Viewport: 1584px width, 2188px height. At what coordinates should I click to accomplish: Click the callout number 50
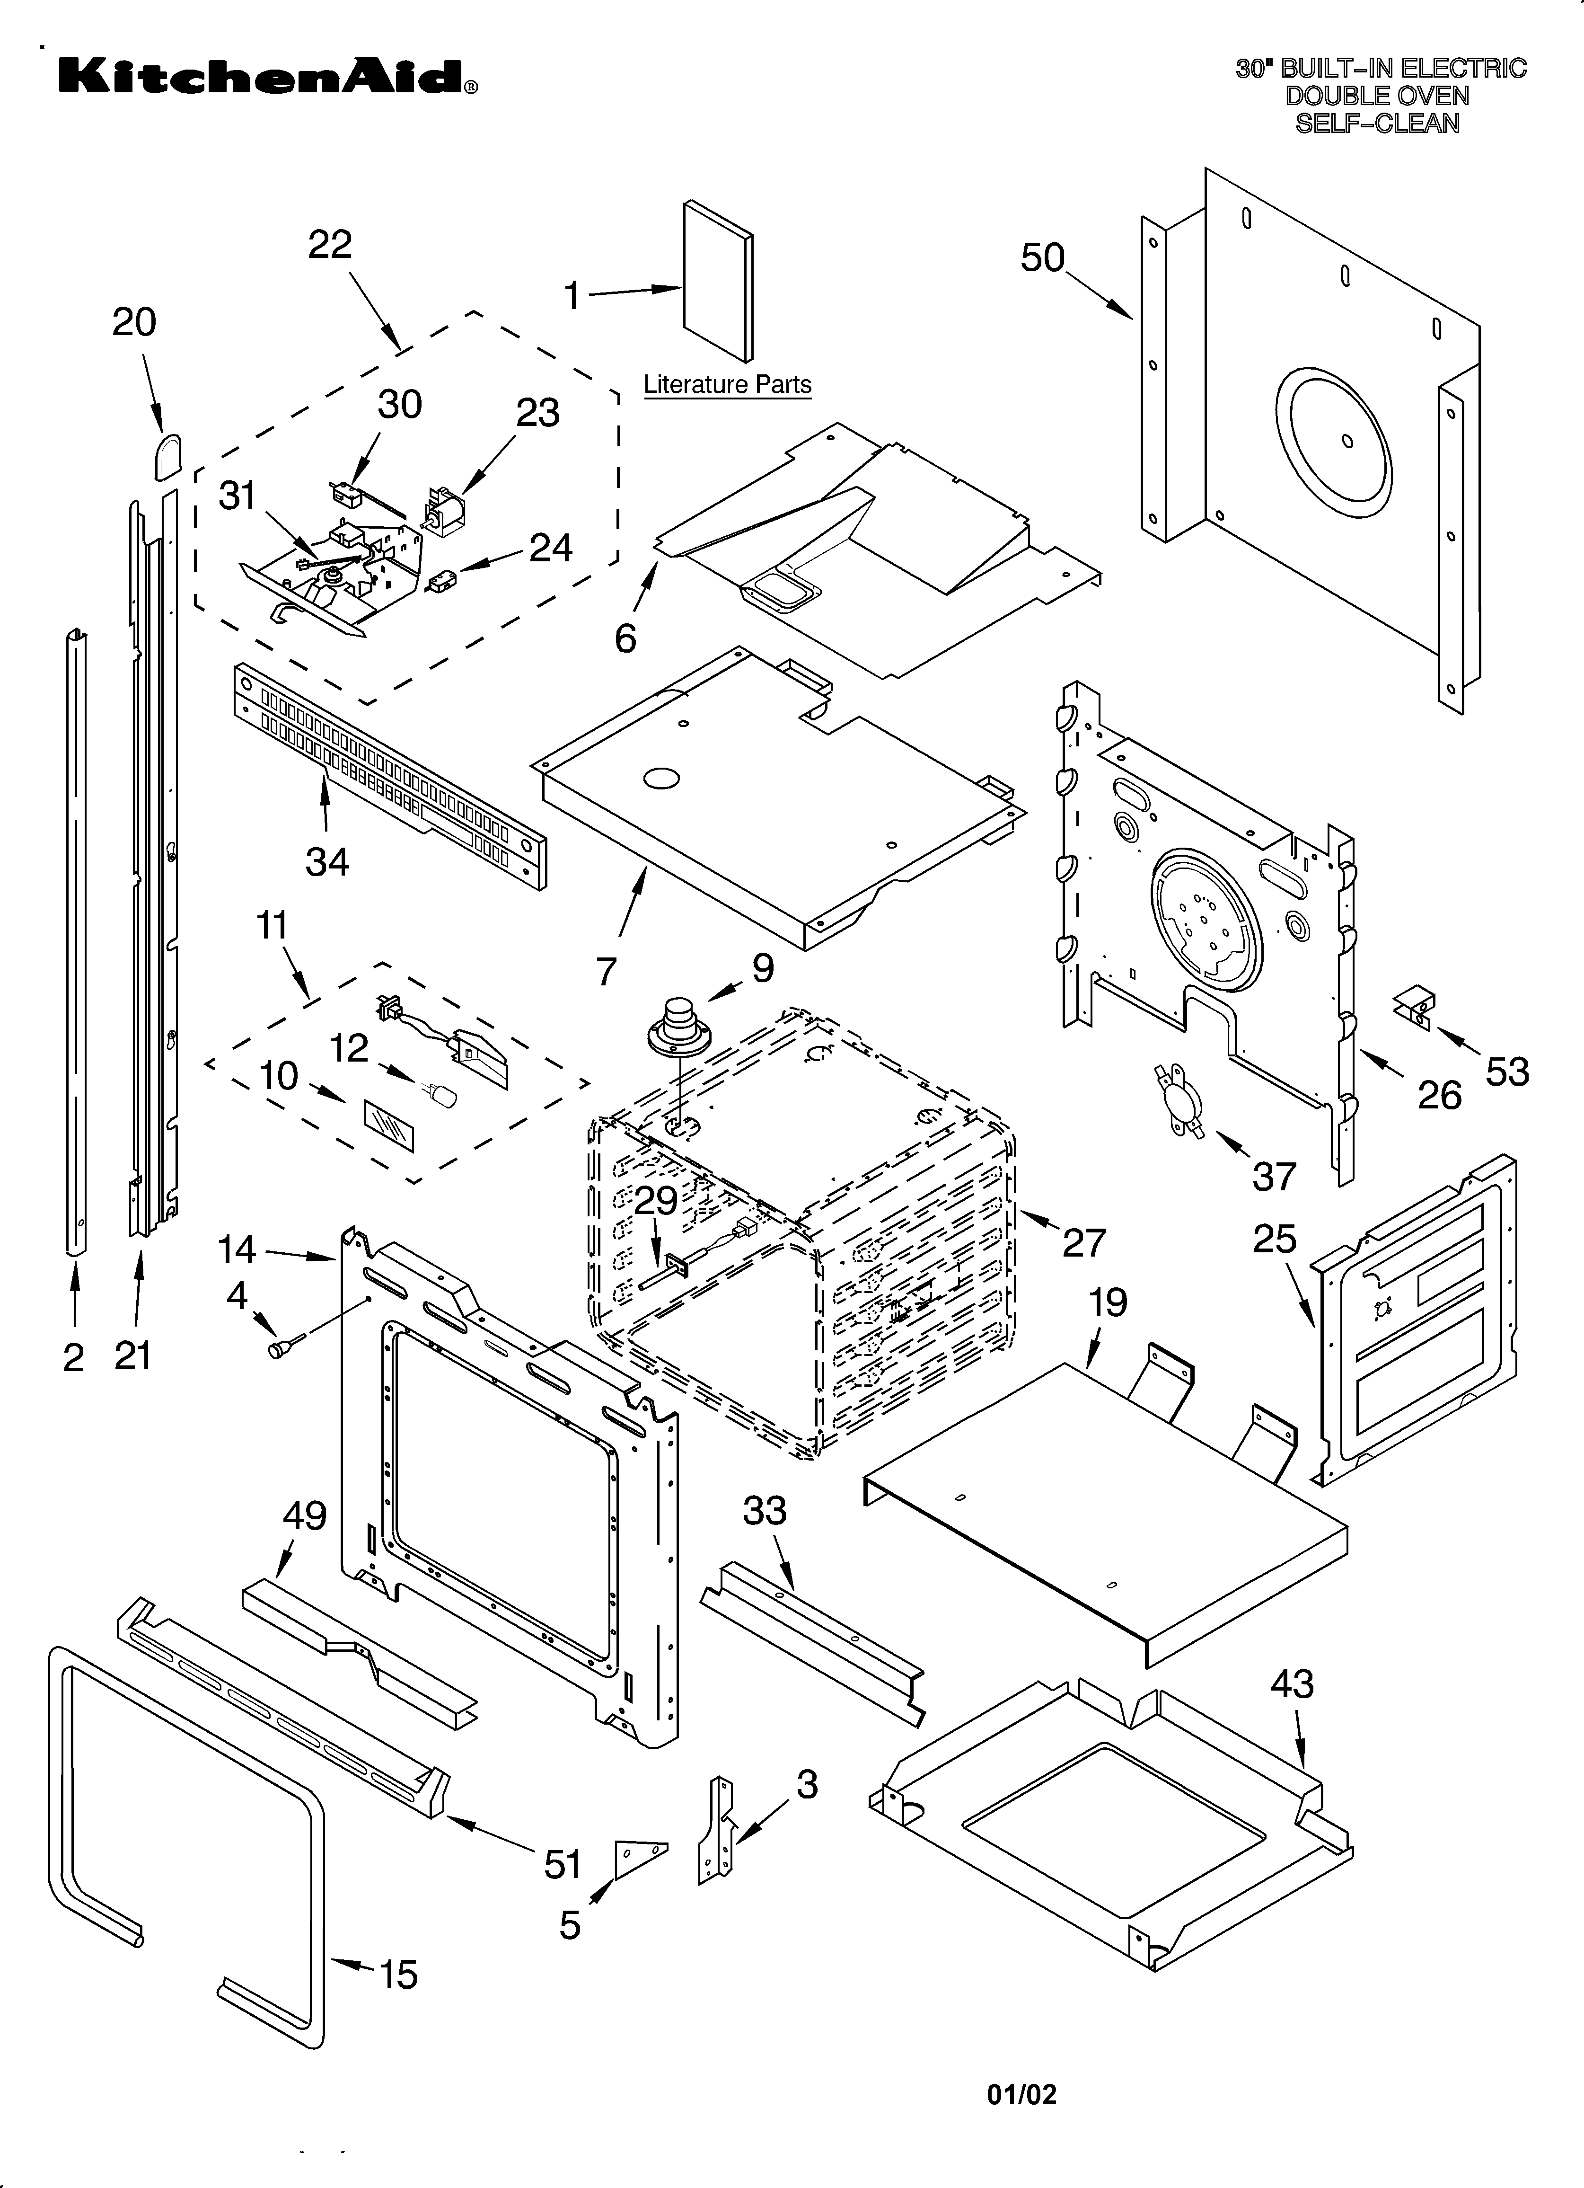pos(1043,258)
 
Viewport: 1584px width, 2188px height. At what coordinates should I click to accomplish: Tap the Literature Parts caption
pos(727,385)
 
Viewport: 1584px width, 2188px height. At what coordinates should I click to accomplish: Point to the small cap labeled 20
pos(167,455)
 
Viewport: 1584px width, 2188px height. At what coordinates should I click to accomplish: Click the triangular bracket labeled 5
pos(637,1858)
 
